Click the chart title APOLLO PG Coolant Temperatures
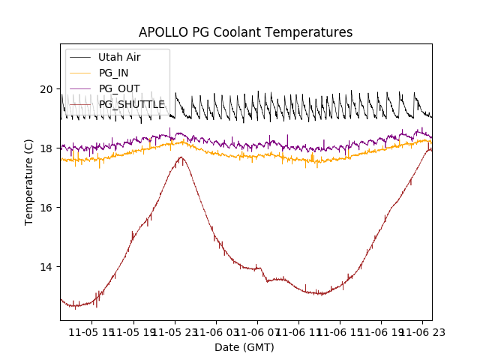(x=245, y=32)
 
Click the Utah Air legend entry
(x=119, y=57)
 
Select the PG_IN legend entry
(x=113, y=73)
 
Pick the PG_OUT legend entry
(x=119, y=88)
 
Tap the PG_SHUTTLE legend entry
(x=131, y=104)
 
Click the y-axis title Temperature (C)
(x=29, y=182)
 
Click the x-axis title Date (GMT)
(x=244, y=347)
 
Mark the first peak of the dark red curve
(x=181, y=157)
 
